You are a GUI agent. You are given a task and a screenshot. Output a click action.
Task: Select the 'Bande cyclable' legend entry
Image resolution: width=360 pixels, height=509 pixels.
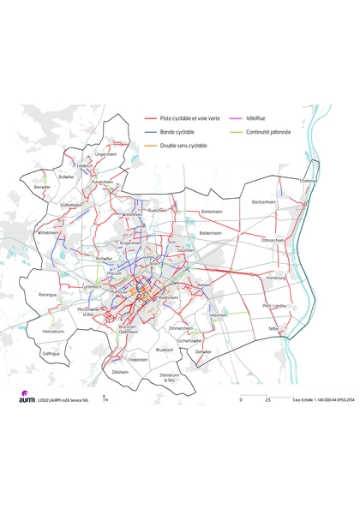tap(177, 132)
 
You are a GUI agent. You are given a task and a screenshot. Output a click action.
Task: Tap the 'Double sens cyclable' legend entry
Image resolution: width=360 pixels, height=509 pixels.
tap(183, 147)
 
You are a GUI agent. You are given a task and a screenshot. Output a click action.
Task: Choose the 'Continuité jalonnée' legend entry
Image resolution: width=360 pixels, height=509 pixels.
tap(267, 132)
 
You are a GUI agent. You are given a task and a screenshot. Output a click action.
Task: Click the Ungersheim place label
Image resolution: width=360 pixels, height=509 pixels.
tap(106, 154)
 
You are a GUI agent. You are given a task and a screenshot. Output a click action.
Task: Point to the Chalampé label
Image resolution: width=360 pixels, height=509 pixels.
tap(309, 181)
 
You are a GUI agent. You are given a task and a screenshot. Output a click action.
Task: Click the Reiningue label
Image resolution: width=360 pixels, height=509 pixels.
tap(48, 295)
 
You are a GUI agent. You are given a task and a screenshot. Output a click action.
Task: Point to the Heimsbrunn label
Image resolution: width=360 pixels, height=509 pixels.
tap(53, 330)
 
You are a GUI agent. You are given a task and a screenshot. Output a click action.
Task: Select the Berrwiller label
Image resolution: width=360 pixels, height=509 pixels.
tap(42, 186)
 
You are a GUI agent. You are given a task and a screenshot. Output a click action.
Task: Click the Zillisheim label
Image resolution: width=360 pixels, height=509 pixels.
tap(120, 372)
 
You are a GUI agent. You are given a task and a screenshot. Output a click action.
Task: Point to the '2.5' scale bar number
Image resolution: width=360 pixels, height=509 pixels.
tap(267, 399)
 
